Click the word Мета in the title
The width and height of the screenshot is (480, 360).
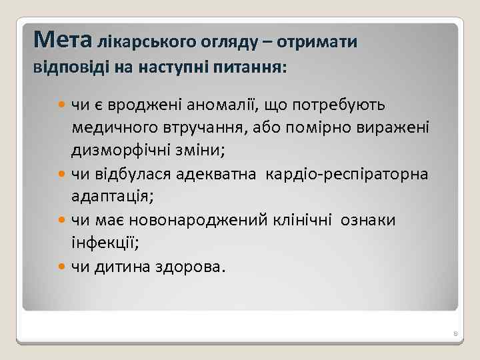tap(63, 40)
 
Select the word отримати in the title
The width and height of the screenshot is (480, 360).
tap(318, 43)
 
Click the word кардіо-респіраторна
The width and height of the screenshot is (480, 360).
tap(347, 175)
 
